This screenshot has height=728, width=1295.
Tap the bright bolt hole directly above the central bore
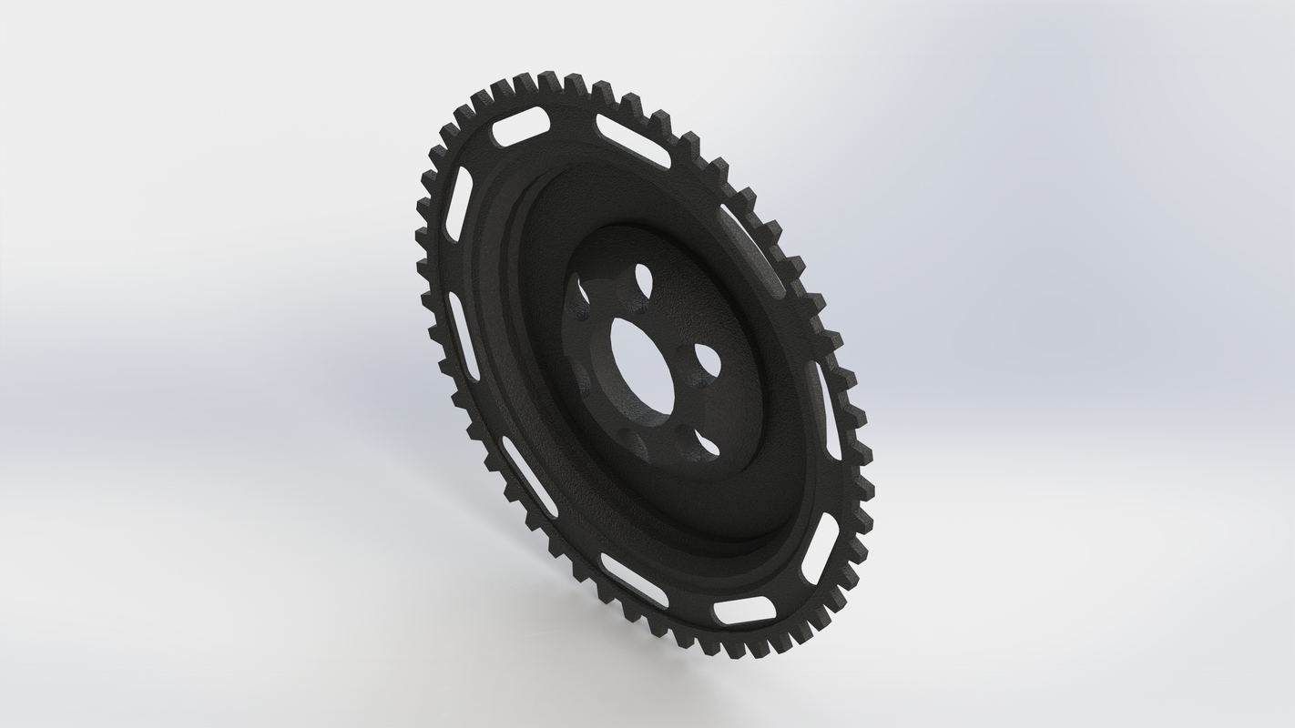pyautogui.click(x=644, y=278)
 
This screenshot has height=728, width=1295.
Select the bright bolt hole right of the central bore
pyautogui.click(x=707, y=359)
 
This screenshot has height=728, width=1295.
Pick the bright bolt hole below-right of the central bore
pyautogui.click(x=705, y=445)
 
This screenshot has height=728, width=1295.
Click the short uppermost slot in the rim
pyautogui.click(x=521, y=126)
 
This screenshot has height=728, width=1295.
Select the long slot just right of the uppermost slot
pyautogui.click(x=633, y=140)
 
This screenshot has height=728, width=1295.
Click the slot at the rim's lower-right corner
pyautogui.click(x=820, y=549)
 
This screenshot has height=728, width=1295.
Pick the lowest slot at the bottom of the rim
pyautogui.click(x=744, y=611)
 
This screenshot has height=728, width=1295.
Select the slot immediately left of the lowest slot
pyautogui.click(x=634, y=580)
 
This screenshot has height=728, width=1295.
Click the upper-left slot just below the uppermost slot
pyautogui.click(x=458, y=204)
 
